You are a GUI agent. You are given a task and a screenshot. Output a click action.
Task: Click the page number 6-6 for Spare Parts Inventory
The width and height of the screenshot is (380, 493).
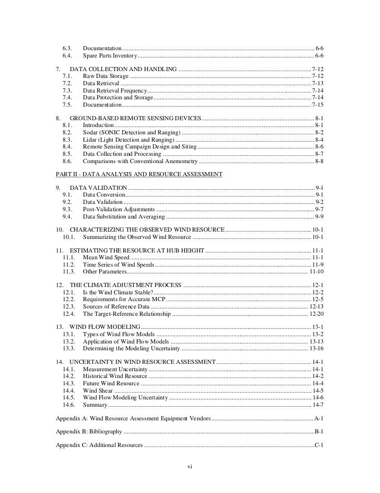pyautogui.click(x=319, y=55)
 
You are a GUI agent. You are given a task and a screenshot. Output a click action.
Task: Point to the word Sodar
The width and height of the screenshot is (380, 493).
pyautogui.click(x=91, y=133)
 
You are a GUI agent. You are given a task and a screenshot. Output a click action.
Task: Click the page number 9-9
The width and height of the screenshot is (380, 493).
pyautogui.click(x=319, y=216)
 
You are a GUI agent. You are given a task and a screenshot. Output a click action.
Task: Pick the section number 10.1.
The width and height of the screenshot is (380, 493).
pyautogui.click(x=70, y=237)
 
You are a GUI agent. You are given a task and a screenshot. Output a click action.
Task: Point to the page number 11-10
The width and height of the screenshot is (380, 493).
pyautogui.click(x=316, y=272)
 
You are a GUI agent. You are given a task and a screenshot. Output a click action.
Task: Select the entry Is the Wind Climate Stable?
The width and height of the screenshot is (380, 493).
pyautogui.click(x=118, y=292)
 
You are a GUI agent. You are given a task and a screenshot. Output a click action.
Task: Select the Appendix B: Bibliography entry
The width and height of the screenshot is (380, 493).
pyautogui.click(x=89, y=431)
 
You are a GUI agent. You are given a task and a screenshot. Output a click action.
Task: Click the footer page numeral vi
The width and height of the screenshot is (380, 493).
pyautogui.click(x=190, y=466)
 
